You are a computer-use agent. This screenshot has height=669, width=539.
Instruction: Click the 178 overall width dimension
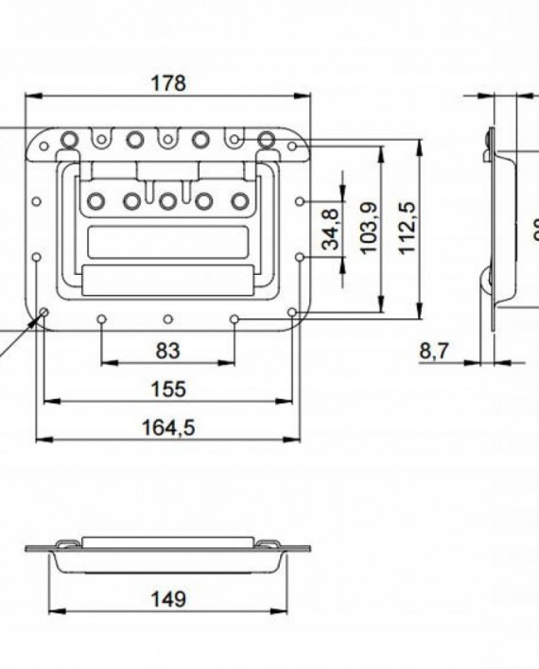point(168,82)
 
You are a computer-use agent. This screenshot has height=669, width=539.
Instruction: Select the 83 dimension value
point(167,352)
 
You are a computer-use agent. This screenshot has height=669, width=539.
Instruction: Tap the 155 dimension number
point(167,389)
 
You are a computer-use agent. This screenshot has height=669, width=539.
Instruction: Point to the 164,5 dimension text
point(167,428)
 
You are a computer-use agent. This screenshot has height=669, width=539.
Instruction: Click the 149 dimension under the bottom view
point(167,598)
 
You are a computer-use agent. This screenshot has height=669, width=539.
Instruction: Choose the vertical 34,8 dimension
point(331,228)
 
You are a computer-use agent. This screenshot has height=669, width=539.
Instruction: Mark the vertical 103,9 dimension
point(369,228)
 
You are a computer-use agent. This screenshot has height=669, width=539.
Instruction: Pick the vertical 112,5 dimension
point(408,228)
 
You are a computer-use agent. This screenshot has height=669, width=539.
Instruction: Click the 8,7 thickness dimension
point(434,352)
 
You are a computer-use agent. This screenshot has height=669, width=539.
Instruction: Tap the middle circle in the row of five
point(167,200)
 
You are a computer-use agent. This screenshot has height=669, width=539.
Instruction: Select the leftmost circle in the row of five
point(96,200)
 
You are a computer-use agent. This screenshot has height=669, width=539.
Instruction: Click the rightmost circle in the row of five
point(239,200)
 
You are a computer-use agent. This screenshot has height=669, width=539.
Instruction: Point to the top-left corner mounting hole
point(42,146)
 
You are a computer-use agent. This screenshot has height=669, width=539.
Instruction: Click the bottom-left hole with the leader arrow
point(43,315)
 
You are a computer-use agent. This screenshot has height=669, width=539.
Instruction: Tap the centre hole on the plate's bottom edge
point(167,319)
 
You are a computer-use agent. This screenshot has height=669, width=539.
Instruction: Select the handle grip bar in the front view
point(167,281)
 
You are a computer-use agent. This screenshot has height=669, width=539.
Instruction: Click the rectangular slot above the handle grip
point(167,242)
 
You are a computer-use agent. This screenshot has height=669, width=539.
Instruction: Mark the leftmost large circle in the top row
point(69,141)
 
